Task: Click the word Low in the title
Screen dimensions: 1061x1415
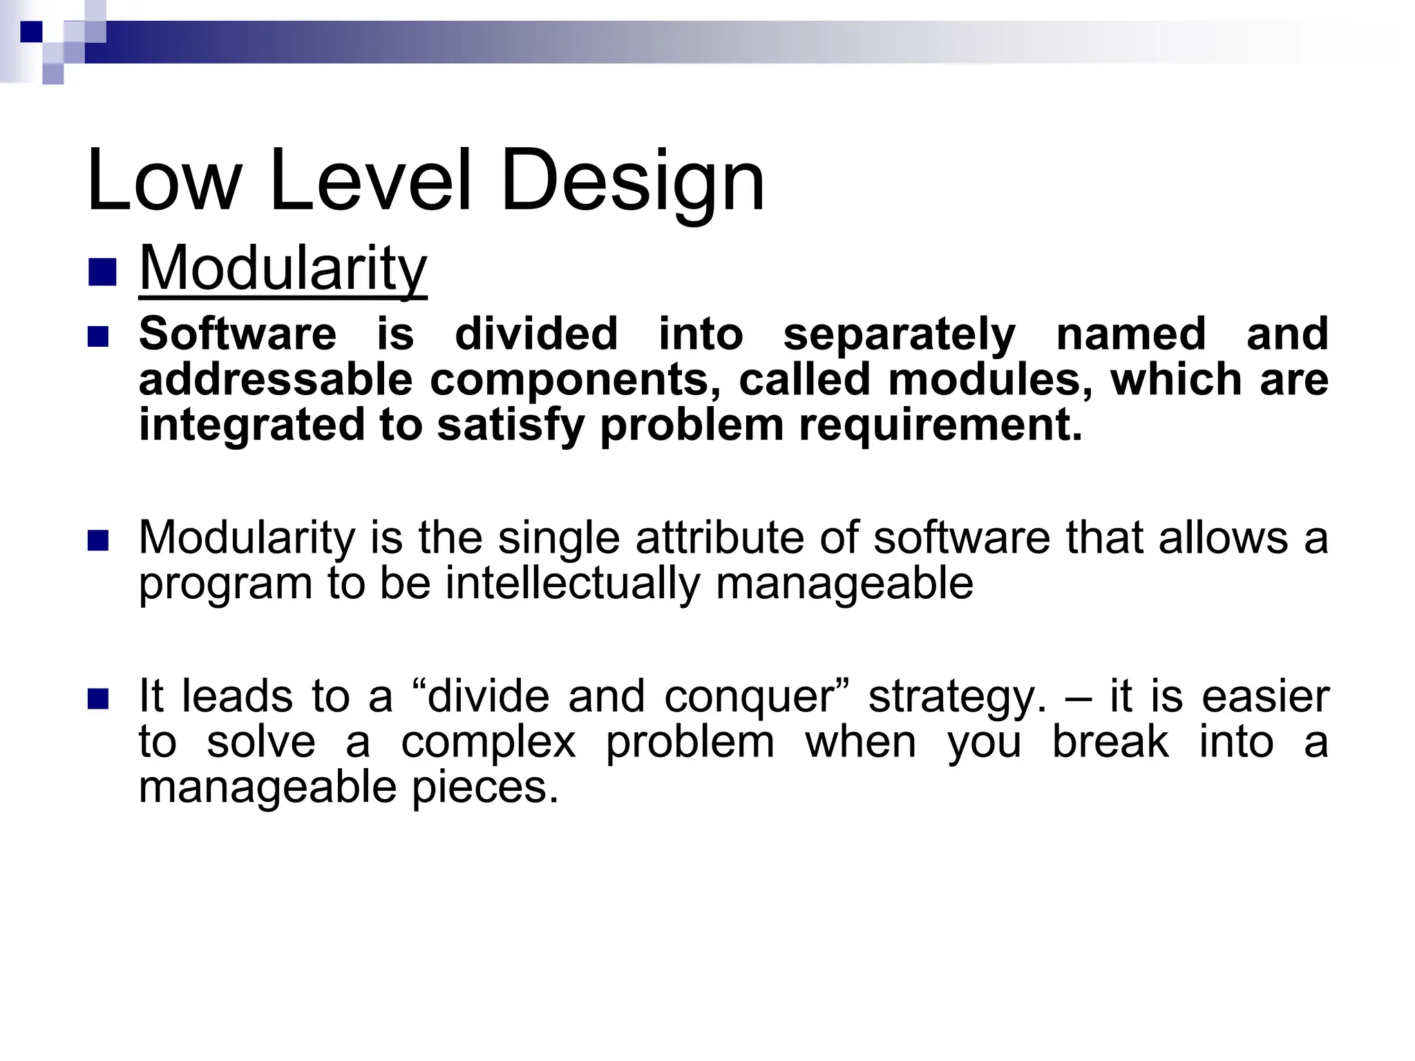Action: [x=162, y=181]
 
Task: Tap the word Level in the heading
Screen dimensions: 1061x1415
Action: [x=370, y=181]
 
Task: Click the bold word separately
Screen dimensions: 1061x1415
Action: [x=899, y=334]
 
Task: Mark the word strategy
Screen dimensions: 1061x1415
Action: [x=958, y=698]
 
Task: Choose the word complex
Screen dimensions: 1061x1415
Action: [x=488, y=743]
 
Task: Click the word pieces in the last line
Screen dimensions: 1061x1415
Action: [x=484, y=787]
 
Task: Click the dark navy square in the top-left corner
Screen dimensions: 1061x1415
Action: [x=31, y=31]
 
